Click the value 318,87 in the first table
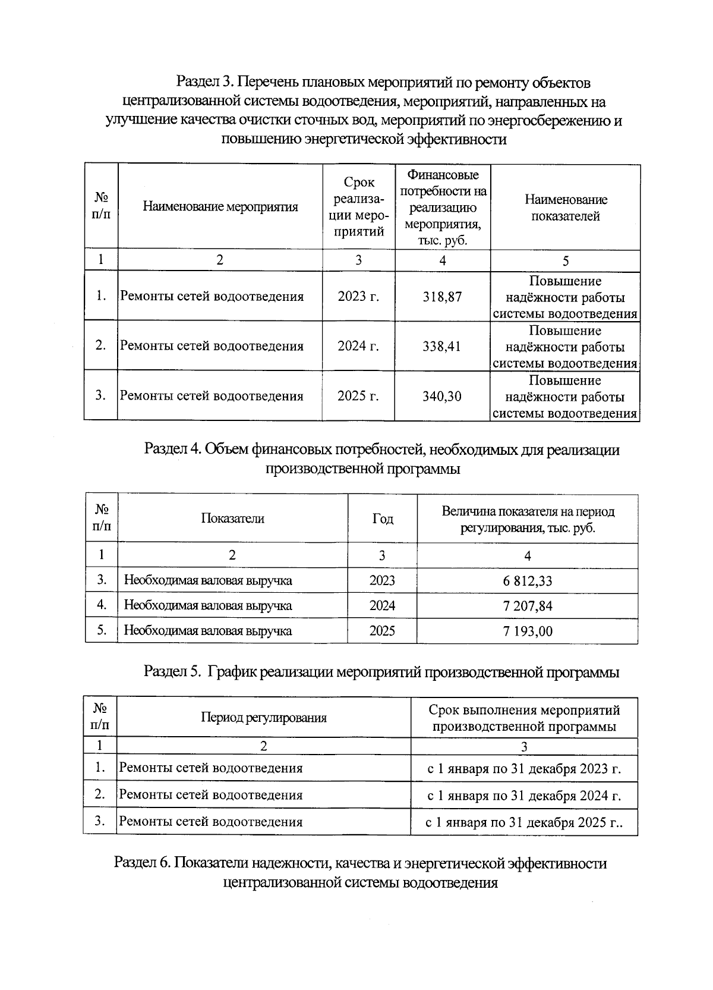(x=442, y=297)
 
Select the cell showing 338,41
(x=442, y=346)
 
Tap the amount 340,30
(x=442, y=396)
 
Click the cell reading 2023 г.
(x=358, y=297)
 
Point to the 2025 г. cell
(x=358, y=396)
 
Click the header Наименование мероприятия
(x=220, y=207)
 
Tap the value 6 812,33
(x=528, y=581)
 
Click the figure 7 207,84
(x=528, y=606)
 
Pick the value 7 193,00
(x=528, y=631)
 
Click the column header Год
(x=382, y=519)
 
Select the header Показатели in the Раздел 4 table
(x=232, y=518)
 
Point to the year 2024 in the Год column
(x=382, y=606)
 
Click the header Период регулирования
(x=264, y=718)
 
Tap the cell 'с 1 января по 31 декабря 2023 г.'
(x=524, y=769)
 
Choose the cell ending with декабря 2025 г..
(x=524, y=823)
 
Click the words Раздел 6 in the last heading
(x=142, y=863)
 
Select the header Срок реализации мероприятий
(x=358, y=207)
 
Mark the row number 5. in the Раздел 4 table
(x=102, y=630)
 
